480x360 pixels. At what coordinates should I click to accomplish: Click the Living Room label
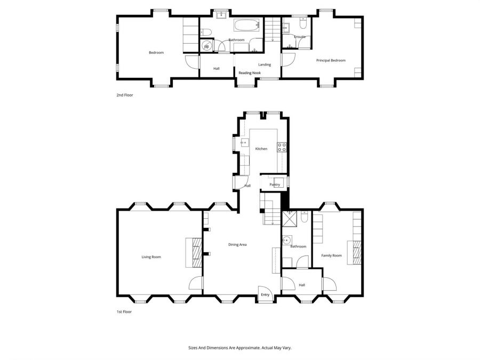pos(151,257)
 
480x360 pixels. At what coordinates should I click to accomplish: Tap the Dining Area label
pos(237,245)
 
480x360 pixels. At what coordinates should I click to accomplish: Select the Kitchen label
pos(261,149)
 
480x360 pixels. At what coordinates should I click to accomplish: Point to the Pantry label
pos(275,185)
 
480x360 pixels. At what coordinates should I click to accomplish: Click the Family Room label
pos(331,255)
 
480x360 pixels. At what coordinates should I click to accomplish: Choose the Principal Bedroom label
pos(331,60)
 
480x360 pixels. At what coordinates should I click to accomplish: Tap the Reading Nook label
pos(249,73)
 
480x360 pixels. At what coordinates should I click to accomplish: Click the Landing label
pos(265,65)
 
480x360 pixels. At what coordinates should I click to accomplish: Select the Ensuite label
pos(300,37)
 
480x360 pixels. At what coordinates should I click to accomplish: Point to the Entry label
pos(265,295)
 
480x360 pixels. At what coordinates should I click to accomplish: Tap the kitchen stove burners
pos(282,147)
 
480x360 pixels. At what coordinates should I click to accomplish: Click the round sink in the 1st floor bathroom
pos(287,239)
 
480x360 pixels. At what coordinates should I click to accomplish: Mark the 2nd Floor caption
pos(124,95)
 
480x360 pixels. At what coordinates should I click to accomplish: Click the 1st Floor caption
pos(124,312)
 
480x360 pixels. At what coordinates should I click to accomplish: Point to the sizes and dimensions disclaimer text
pos(239,348)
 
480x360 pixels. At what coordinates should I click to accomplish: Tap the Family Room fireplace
pos(354,252)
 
